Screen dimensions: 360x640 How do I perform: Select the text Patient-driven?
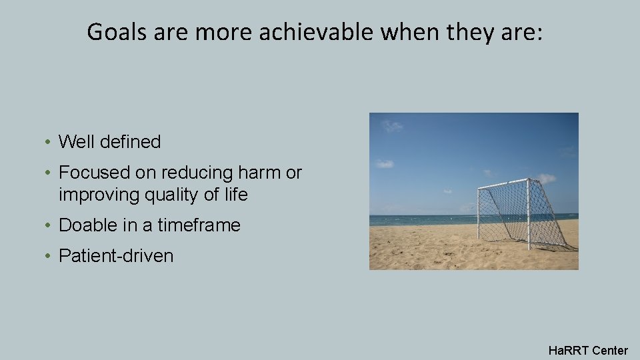(116, 256)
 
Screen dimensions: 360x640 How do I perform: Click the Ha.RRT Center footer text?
(587, 350)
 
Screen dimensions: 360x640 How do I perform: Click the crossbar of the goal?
(503, 184)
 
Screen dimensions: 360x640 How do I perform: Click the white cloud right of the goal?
(546, 178)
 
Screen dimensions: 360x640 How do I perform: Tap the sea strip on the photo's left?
(413, 220)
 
